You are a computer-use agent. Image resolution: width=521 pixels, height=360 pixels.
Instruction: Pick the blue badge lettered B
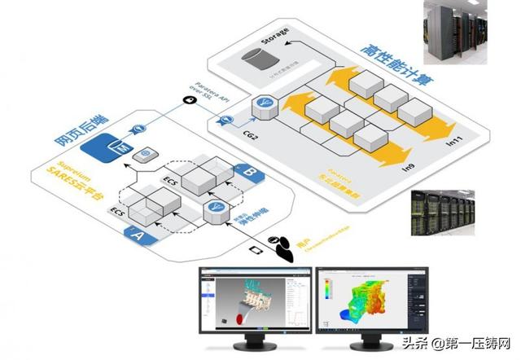click(247, 173)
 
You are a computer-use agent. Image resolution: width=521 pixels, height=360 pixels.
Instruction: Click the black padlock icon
click(189, 100)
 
